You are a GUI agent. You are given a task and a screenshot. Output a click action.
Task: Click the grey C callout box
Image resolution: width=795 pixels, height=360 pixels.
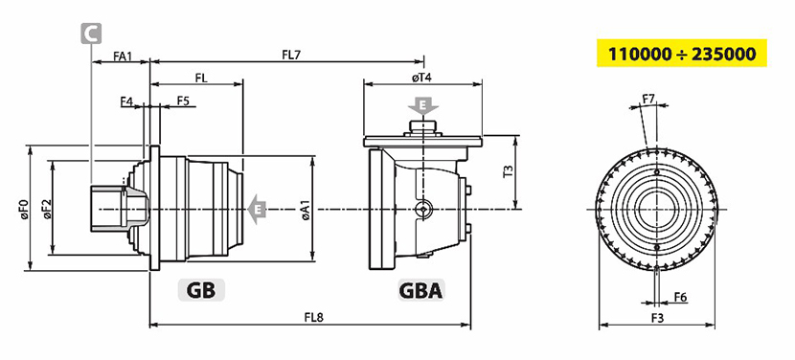click(x=91, y=33)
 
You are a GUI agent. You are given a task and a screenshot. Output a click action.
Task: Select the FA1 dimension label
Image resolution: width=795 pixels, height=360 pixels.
click(x=123, y=56)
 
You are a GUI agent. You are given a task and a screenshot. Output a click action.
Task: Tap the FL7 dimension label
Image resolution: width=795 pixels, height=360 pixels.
click(x=291, y=55)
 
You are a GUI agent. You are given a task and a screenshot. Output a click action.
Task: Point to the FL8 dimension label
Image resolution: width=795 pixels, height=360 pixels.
click(x=314, y=318)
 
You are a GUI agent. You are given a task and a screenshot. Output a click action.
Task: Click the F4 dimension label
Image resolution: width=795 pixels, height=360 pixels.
click(x=126, y=101)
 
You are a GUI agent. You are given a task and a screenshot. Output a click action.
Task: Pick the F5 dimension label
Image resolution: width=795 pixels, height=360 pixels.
click(x=183, y=101)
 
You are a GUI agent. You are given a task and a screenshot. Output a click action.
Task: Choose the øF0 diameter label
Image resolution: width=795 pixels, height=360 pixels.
click(x=22, y=209)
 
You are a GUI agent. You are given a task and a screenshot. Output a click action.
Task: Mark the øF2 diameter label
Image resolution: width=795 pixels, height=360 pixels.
click(x=47, y=209)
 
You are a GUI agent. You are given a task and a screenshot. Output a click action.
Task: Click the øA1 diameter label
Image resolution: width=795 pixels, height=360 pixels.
click(x=306, y=209)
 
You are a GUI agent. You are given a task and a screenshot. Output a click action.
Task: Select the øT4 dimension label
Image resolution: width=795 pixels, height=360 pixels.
click(x=421, y=77)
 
